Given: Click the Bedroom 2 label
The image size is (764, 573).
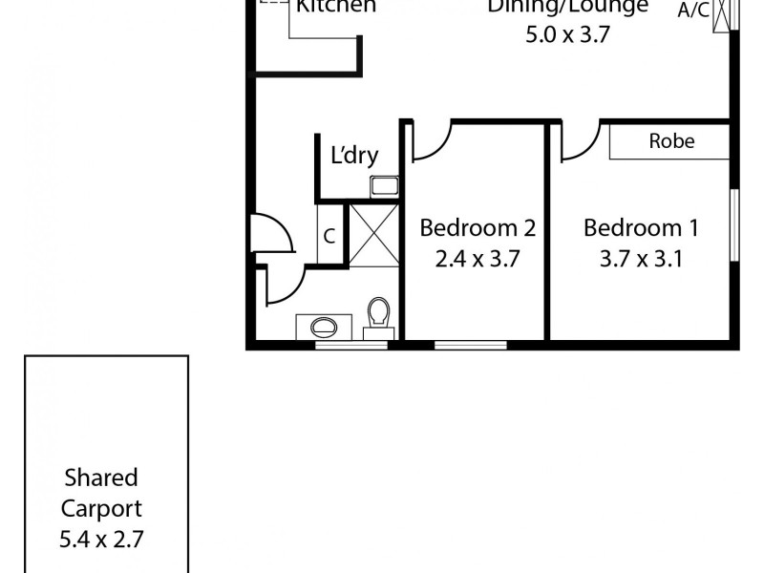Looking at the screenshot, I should pos(477,229).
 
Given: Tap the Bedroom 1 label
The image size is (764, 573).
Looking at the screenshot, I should pos(641,229).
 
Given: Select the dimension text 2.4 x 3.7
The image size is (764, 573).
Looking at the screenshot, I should pos(477,260).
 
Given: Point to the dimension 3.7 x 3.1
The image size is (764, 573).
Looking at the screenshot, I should pos(641,260).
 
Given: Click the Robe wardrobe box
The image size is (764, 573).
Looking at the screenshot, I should pos(671,142).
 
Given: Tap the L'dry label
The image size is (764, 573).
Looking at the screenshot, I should pos(354,157).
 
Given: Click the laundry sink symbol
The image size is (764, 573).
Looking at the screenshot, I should pos(385,186).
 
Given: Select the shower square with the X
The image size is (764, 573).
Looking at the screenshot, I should pos(371,234).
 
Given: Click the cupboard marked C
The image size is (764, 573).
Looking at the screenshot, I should pos(329,236).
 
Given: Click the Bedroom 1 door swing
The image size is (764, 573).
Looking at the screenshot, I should pos(580,143).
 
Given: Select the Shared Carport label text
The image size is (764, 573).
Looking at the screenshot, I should pos(101,493).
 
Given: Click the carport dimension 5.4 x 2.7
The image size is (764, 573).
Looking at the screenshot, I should pos(101,538).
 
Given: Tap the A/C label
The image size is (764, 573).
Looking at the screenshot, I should pos(693,11).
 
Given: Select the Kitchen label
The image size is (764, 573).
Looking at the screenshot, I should pos(335,7).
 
